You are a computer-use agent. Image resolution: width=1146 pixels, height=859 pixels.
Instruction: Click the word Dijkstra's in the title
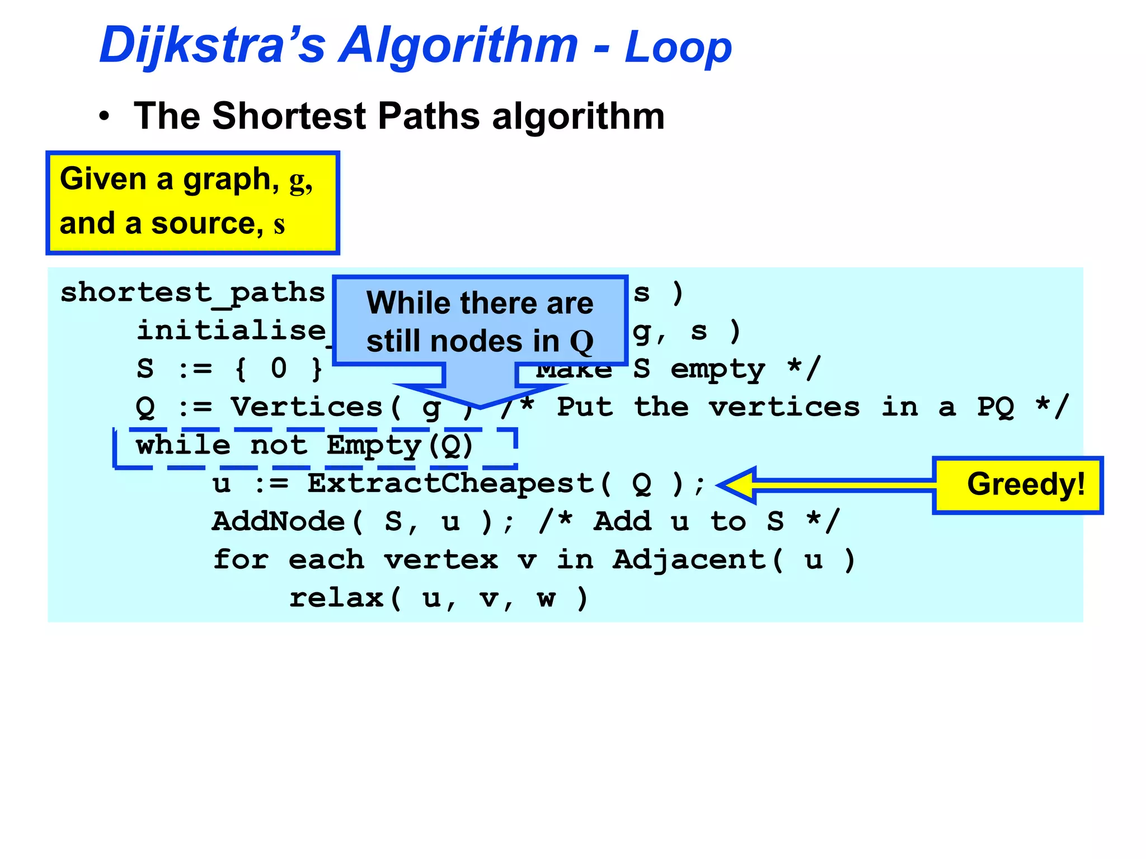[x=213, y=46]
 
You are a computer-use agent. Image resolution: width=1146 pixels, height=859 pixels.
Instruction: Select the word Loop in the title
[x=678, y=48]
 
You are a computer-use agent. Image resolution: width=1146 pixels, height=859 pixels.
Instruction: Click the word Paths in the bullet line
[x=429, y=116]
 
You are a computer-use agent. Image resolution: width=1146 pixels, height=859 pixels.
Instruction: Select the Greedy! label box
[x=1017, y=485]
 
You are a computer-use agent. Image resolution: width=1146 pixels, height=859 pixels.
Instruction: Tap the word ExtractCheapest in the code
[x=450, y=484]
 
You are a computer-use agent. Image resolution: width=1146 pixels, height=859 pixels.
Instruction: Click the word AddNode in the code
[x=279, y=522]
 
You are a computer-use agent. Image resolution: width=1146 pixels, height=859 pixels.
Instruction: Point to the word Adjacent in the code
[x=689, y=560]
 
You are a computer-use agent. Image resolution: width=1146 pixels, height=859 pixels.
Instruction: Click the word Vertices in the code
[x=307, y=407]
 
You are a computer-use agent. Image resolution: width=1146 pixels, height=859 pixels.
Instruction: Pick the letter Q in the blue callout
[x=581, y=342]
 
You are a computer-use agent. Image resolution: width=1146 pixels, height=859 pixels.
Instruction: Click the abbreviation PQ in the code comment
[x=995, y=407]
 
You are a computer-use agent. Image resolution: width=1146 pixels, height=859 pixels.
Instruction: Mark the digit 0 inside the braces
[x=279, y=369]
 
